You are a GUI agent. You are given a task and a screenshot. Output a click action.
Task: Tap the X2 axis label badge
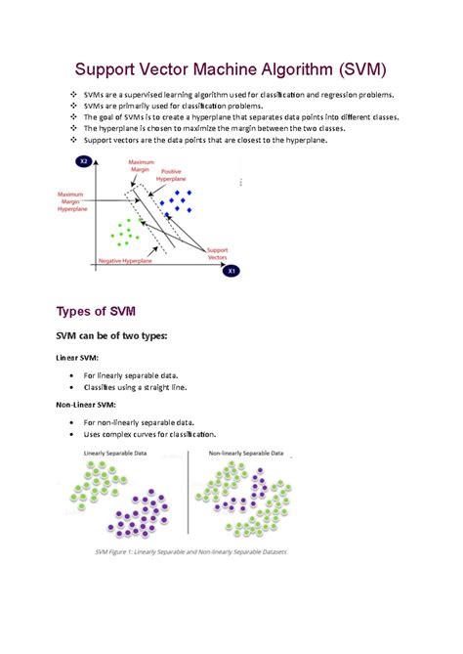(x=85, y=160)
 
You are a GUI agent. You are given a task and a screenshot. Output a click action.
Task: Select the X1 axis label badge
(x=232, y=271)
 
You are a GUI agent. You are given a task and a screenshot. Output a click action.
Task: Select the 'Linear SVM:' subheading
(x=81, y=358)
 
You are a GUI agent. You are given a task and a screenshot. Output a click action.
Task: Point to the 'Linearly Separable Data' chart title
(x=114, y=455)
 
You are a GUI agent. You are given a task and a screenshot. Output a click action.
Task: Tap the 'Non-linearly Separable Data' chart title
(x=246, y=455)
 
